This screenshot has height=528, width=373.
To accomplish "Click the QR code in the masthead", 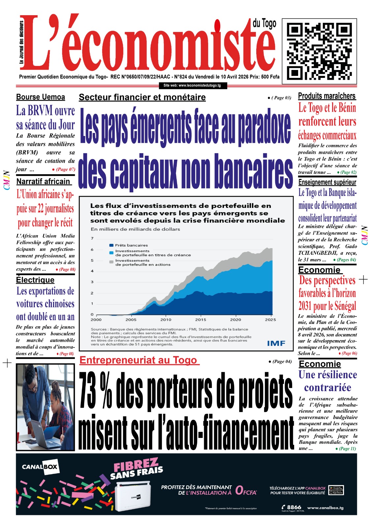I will click(x=319, y=51).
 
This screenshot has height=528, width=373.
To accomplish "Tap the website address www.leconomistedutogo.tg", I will click(x=192, y=85).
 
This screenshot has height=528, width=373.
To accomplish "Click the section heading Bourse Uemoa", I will click(x=41, y=97).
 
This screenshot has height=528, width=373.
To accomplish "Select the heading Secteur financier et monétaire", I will click(x=142, y=97).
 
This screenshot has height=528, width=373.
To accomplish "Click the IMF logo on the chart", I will click(x=276, y=344).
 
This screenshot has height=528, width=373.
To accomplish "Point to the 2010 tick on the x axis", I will click(x=166, y=319).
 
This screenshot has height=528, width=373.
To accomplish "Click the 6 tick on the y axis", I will click(x=92, y=249).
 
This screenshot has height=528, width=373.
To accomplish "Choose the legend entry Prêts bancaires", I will click(x=131, y=245).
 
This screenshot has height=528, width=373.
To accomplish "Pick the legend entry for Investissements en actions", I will click(x=142, y=263).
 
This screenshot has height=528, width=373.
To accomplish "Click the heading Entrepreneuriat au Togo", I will click(x=139, y=360).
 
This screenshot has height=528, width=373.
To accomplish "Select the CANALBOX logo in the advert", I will click(x=40, y=467).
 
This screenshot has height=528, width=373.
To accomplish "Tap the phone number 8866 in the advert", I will click(x=294, y=507).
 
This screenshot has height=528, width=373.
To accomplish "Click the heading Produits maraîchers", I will click(x=327, y=96).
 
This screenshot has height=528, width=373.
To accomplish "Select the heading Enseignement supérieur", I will click(x=327, y=182).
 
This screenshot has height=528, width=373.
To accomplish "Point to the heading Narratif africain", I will click(x=43, y=181).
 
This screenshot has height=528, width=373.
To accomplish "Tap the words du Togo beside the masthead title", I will click(x=264, y=23).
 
